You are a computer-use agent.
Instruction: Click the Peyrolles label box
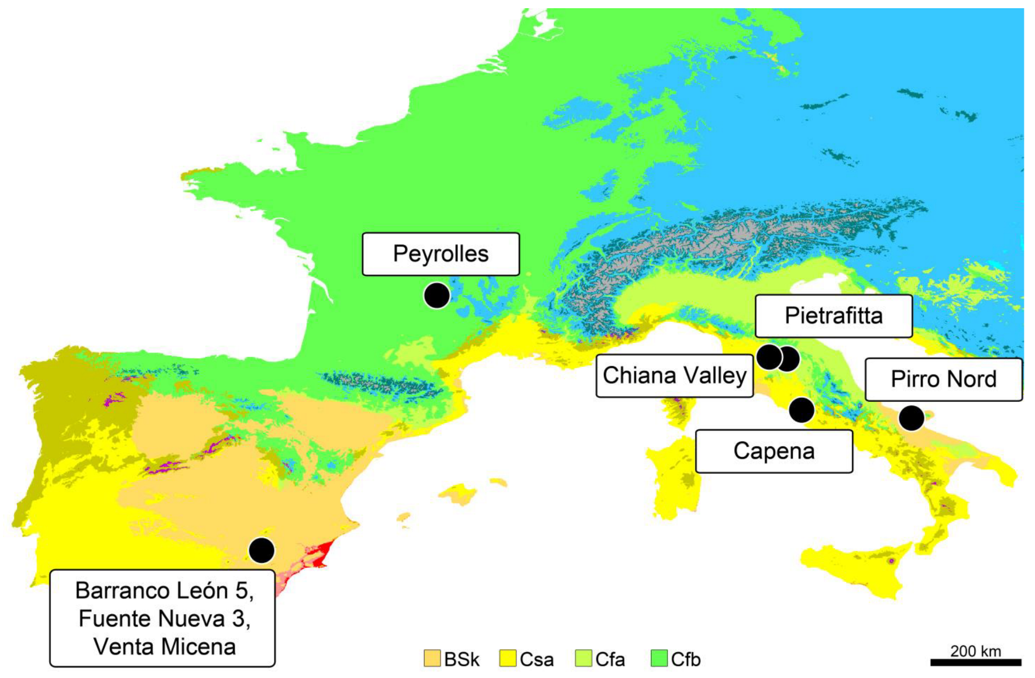441,254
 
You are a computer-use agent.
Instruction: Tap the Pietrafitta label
833,316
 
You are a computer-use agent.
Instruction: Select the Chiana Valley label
674,376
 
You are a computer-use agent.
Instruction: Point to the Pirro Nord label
943,379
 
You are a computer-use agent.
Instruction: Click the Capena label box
773,451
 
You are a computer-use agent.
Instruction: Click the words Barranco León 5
164,591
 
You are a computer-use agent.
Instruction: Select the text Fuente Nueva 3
164,618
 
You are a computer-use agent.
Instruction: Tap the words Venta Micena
164,646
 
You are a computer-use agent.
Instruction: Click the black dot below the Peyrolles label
436,295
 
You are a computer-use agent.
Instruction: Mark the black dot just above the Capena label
801,410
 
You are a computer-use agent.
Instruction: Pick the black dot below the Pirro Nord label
911,418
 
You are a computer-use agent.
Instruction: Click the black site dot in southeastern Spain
262,550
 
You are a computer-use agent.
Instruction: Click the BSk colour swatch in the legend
432,658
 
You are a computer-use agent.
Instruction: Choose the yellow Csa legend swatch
507,658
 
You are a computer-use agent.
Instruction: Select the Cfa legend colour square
583,658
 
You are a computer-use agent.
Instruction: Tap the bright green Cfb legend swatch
659,658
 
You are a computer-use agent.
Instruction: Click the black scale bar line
975,662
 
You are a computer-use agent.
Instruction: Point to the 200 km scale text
975,651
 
